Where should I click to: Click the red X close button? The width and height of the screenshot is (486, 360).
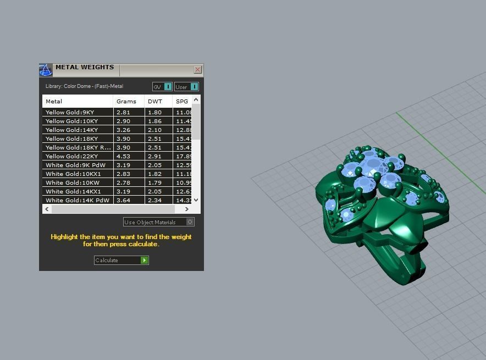(x=198, y=70)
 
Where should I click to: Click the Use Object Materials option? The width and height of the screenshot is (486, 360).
(x=158, y=222)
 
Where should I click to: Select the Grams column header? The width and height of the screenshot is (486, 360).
(x=126, y=102)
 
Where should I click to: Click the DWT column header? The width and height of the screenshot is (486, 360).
(x=155, y=102)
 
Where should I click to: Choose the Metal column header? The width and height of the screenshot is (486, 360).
(x=54, y=102)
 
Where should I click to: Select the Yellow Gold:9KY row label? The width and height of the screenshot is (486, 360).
(x=70, y=113)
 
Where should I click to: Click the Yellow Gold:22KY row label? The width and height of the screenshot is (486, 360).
(x=71, y=157)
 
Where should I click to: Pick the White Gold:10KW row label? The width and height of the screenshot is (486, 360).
(x=73, y=183)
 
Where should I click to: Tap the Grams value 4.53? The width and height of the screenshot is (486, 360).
(x=123, y=157)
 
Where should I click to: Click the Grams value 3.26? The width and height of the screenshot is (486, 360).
(x=123, y=130)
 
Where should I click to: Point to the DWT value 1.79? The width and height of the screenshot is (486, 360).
(x=155, y=183)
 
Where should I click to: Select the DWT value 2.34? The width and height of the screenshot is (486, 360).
(x=155, y=201)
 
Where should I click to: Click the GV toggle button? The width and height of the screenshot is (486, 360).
(x=162, y=87)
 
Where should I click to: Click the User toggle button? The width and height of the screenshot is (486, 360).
(x=186, y=87)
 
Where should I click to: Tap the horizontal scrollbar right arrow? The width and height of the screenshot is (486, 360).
(x=186, y=209)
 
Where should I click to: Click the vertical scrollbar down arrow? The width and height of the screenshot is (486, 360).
(x=196, y=201)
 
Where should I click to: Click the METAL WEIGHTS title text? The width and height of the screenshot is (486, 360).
(x=85, y=68)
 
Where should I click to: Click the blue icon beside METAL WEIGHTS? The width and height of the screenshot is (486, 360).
(x=46, y=70)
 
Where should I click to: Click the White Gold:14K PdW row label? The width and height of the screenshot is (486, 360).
(x=77, y=201)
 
